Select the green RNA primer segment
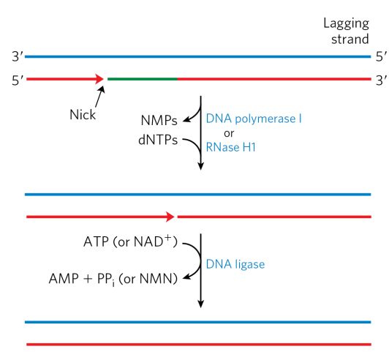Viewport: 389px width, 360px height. click(143, 78)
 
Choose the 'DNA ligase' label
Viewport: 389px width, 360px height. click(234, 262)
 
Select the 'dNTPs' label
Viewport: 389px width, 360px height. click(156, 140)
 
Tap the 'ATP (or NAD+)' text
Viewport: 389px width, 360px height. click(136, 241)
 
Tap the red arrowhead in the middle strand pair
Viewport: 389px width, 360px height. click(171, 217)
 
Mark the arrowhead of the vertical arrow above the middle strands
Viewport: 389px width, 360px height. click(200, 166)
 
